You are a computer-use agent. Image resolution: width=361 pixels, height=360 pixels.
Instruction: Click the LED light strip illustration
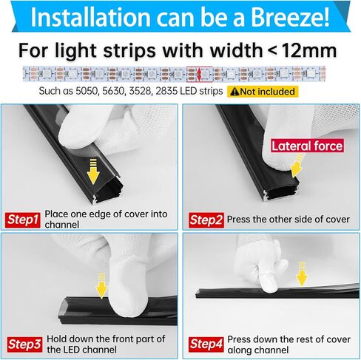(180, 75)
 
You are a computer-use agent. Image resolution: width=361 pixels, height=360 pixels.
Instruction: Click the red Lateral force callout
(306, 146)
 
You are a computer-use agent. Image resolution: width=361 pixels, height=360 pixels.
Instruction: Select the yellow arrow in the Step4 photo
(301, 276)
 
